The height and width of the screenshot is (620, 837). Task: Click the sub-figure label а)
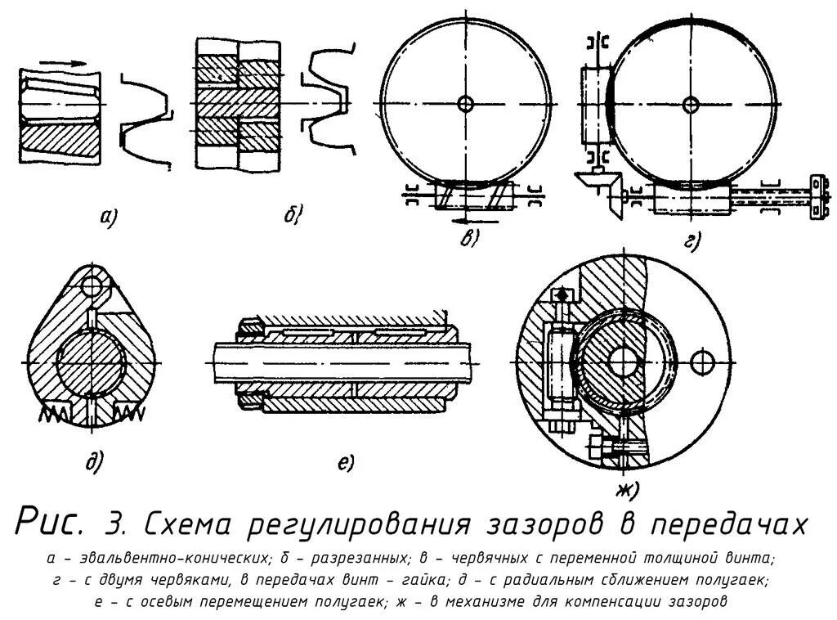tap(106, 217)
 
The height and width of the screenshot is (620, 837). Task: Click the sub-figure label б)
tap(293, 215)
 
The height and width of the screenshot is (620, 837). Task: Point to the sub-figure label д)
tap(94, 463)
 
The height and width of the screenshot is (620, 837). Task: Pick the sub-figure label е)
tap(344, 463)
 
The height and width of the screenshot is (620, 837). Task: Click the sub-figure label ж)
tap(627, 489)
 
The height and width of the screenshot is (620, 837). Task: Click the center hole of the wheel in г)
tap(692, 103)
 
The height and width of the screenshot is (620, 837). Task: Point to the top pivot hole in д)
tap(94, 285)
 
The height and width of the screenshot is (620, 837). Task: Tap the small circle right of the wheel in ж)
tap(701, 360)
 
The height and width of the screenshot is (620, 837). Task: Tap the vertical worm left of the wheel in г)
tap(595, 102)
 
